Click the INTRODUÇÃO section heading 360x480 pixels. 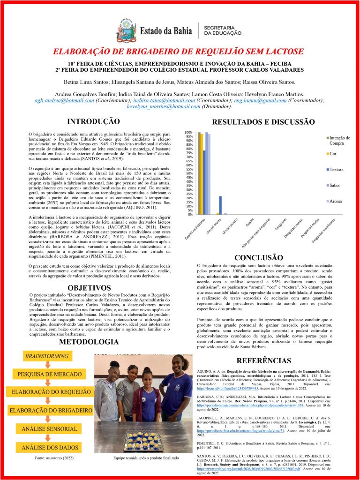(x=93, y=121)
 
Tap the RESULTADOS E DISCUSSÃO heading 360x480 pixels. (x=257, y=122)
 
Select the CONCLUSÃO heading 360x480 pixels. (x=259, y=258)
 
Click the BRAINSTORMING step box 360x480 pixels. (x=46, y=356)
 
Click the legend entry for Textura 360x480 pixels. (x=336, y=169)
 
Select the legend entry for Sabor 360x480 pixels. (x=335, y=185)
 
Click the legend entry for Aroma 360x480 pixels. (x=336, y=201)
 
